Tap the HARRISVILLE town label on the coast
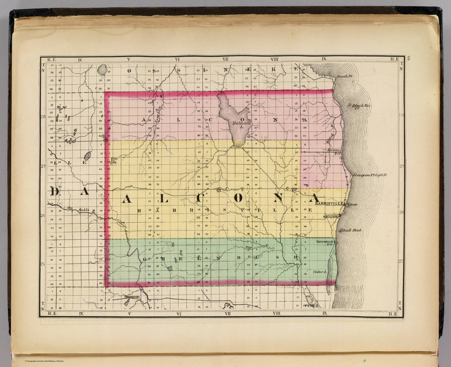329,203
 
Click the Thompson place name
131,297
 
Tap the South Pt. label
345,76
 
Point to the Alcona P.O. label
334,151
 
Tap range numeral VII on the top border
226,59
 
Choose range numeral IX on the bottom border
324,313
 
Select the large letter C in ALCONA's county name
201,198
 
